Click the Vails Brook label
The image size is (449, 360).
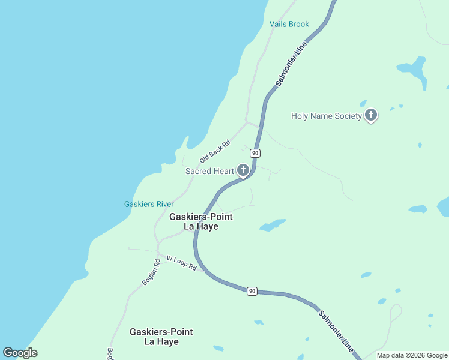[289, 24]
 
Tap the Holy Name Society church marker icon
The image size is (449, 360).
[371, 115]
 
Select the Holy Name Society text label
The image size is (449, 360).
[327, 116]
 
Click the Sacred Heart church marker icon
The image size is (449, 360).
[243, 170]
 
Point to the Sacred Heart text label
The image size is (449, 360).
[209, 171]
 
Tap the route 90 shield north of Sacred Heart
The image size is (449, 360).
[255, 153]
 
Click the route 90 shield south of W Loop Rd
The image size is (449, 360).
[252, 291]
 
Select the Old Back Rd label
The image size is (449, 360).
[215, 152]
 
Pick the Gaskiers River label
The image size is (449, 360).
[149, 204]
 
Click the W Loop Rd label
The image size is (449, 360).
[182, 263]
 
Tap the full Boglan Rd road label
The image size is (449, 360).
[151, 272]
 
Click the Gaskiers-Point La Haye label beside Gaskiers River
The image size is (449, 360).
[200, 221]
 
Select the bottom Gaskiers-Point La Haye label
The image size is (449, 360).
[161, 337]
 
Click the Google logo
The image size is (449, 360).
[20, 353]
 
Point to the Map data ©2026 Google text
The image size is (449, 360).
[412, 355]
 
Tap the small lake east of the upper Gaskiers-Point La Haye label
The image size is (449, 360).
[272, 226]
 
